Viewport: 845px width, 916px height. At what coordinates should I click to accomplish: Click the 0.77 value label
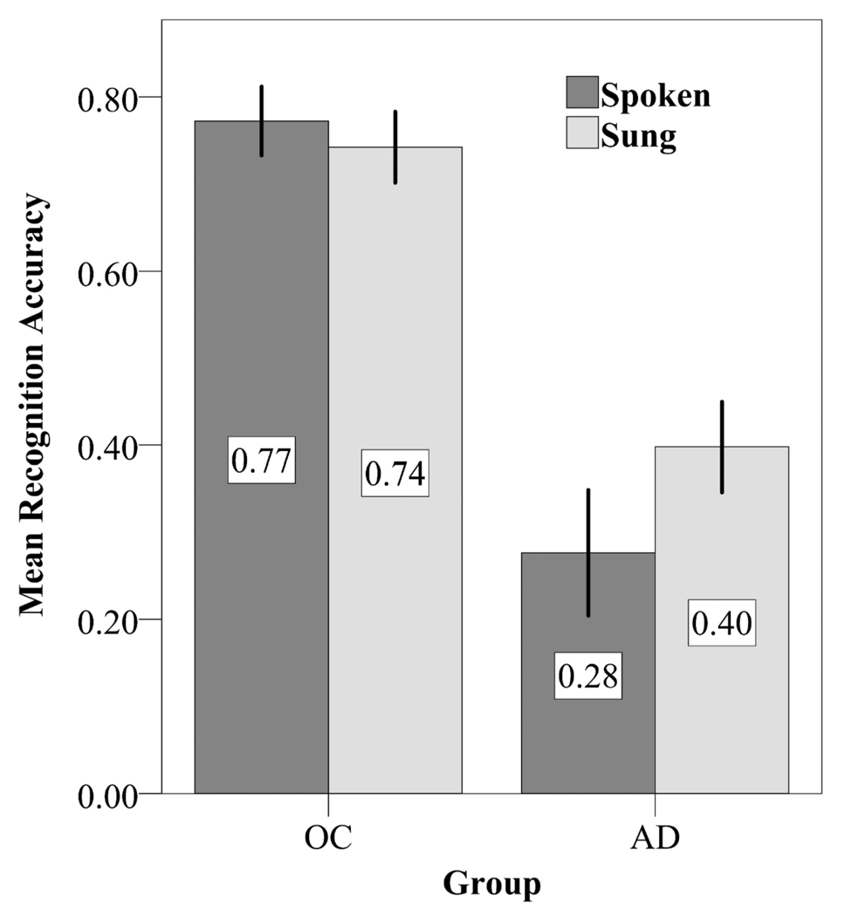click(262, 458)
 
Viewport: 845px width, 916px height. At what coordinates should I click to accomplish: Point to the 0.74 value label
click(395, 473)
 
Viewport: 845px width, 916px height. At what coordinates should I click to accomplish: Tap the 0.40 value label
click(722, 622)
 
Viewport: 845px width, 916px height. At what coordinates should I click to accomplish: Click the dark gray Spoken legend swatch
click(581, 92)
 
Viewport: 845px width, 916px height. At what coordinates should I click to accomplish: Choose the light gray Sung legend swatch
click(581, 133)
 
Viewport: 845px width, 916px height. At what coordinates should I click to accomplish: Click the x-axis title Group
click(491, 884)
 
